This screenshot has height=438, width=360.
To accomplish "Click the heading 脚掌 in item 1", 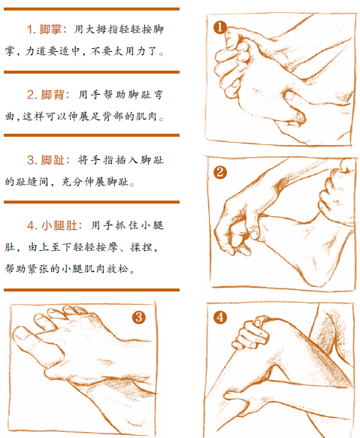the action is point(50,29).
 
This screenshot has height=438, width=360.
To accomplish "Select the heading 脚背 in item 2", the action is point(52,95).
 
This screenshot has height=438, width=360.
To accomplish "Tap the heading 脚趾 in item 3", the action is point(53,160).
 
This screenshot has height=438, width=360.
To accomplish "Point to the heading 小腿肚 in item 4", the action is point(59,225).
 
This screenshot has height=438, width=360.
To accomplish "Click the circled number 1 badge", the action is point(220,27).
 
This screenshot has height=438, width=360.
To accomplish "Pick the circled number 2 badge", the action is point(220,172).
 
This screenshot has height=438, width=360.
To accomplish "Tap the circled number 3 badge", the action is point(139,317).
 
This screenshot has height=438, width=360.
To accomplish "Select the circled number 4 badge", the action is point(220,317).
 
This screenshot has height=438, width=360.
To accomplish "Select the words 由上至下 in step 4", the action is point(50,247).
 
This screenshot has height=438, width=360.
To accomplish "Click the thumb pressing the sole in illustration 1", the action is point(293,104).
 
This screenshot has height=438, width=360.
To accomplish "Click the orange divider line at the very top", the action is point(92,9).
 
